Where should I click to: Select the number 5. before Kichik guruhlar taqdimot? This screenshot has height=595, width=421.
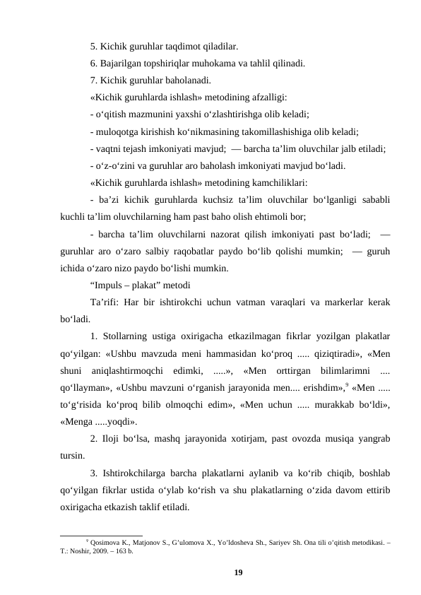click(x=94, y=47)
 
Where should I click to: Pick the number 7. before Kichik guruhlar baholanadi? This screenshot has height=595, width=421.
click(x=94, y=80)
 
